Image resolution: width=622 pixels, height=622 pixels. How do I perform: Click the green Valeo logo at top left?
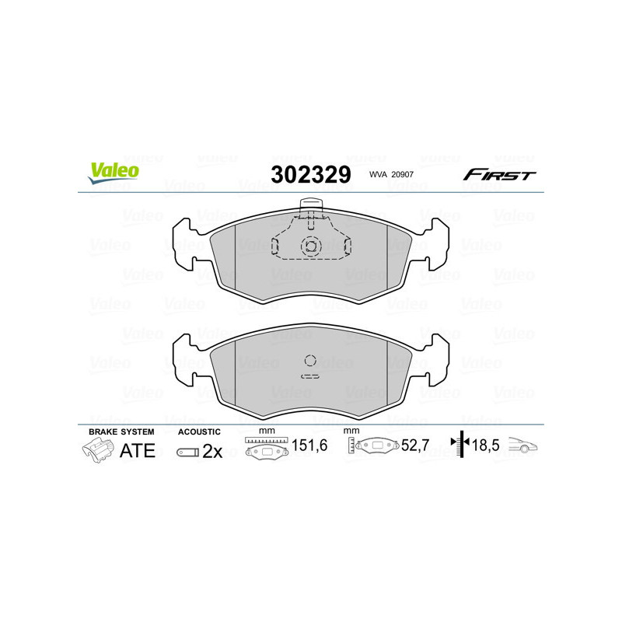pos(114,173)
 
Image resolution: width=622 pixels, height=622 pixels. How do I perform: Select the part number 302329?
pos(310,175)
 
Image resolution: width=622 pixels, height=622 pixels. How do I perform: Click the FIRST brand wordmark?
pos(499,175)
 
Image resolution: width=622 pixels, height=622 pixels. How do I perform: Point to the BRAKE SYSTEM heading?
pos(121,432)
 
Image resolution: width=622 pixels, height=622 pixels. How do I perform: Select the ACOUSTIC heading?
pos(199,432)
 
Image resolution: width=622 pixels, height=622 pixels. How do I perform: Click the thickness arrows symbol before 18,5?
pos(461,446)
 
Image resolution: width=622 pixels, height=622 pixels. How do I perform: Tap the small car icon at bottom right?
pos(524,446)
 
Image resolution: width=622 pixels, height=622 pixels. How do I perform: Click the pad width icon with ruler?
pos(267,449)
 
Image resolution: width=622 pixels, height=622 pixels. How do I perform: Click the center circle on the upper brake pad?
pos(311,246)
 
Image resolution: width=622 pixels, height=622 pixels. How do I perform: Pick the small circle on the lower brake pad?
pos(310,360)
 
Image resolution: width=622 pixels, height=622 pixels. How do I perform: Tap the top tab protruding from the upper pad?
pos(311,208)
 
